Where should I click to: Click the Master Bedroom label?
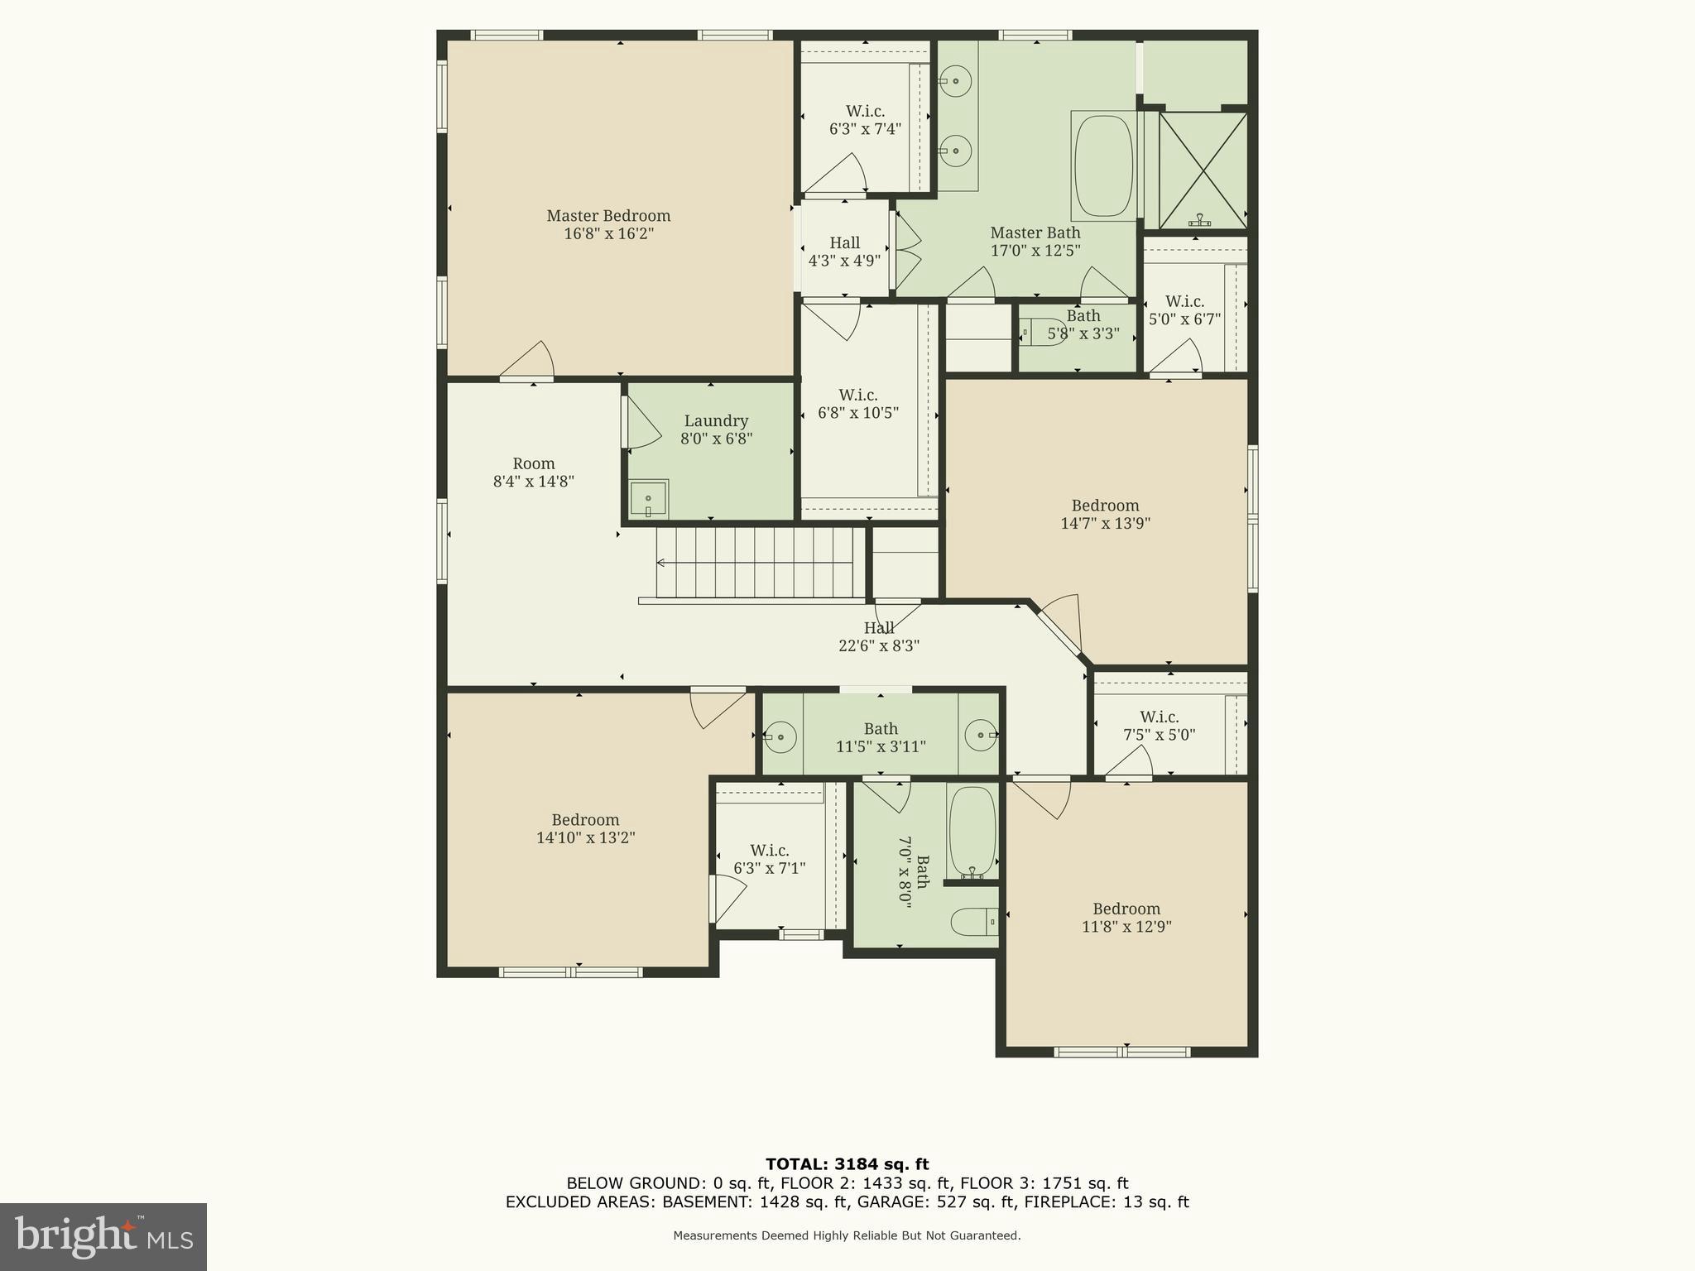pos(608,216)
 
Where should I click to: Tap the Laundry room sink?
pos(648,499)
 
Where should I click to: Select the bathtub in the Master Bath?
pos(1103,166)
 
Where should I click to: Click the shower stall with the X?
pos(1203,170)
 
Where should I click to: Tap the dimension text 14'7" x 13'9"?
pos(1105,523)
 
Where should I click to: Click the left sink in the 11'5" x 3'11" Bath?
pos(780,736)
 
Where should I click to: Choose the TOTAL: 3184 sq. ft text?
pos(847,1164)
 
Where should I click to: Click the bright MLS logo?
pos(103,1236)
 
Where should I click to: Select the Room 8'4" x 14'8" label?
pos(533,472)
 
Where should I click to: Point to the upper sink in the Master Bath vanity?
pos(955,81)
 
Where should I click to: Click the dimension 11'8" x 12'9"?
pos(1126,927)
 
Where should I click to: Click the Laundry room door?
pos(642,424)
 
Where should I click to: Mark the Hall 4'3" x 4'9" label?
pos(844,251)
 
